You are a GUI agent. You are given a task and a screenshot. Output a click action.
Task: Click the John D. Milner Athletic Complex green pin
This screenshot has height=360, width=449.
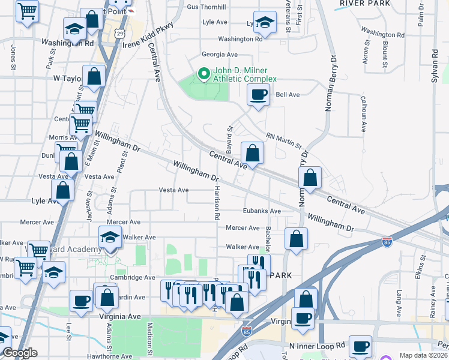[x=203, y=74]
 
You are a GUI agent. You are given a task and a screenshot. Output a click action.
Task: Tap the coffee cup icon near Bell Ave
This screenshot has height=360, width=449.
[x=258, y=94]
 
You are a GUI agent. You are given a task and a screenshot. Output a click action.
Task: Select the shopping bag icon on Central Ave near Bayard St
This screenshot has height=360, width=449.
[x=253, y=153]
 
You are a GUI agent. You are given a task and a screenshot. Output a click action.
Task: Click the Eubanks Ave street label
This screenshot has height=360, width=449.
[x=262, y=211]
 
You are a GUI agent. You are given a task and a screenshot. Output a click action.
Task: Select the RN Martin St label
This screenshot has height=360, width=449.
[x=285, y=140]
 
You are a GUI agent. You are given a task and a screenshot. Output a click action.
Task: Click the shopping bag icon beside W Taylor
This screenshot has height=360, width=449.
[x=94, y=76]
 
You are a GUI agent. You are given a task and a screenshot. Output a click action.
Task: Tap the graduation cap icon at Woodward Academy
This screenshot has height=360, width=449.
[x=110, y=237]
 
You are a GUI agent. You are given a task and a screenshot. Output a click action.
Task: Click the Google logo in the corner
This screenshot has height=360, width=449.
[x=20, y=353]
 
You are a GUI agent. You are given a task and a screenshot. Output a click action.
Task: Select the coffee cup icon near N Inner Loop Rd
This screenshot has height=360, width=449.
[x=361, y=346]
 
